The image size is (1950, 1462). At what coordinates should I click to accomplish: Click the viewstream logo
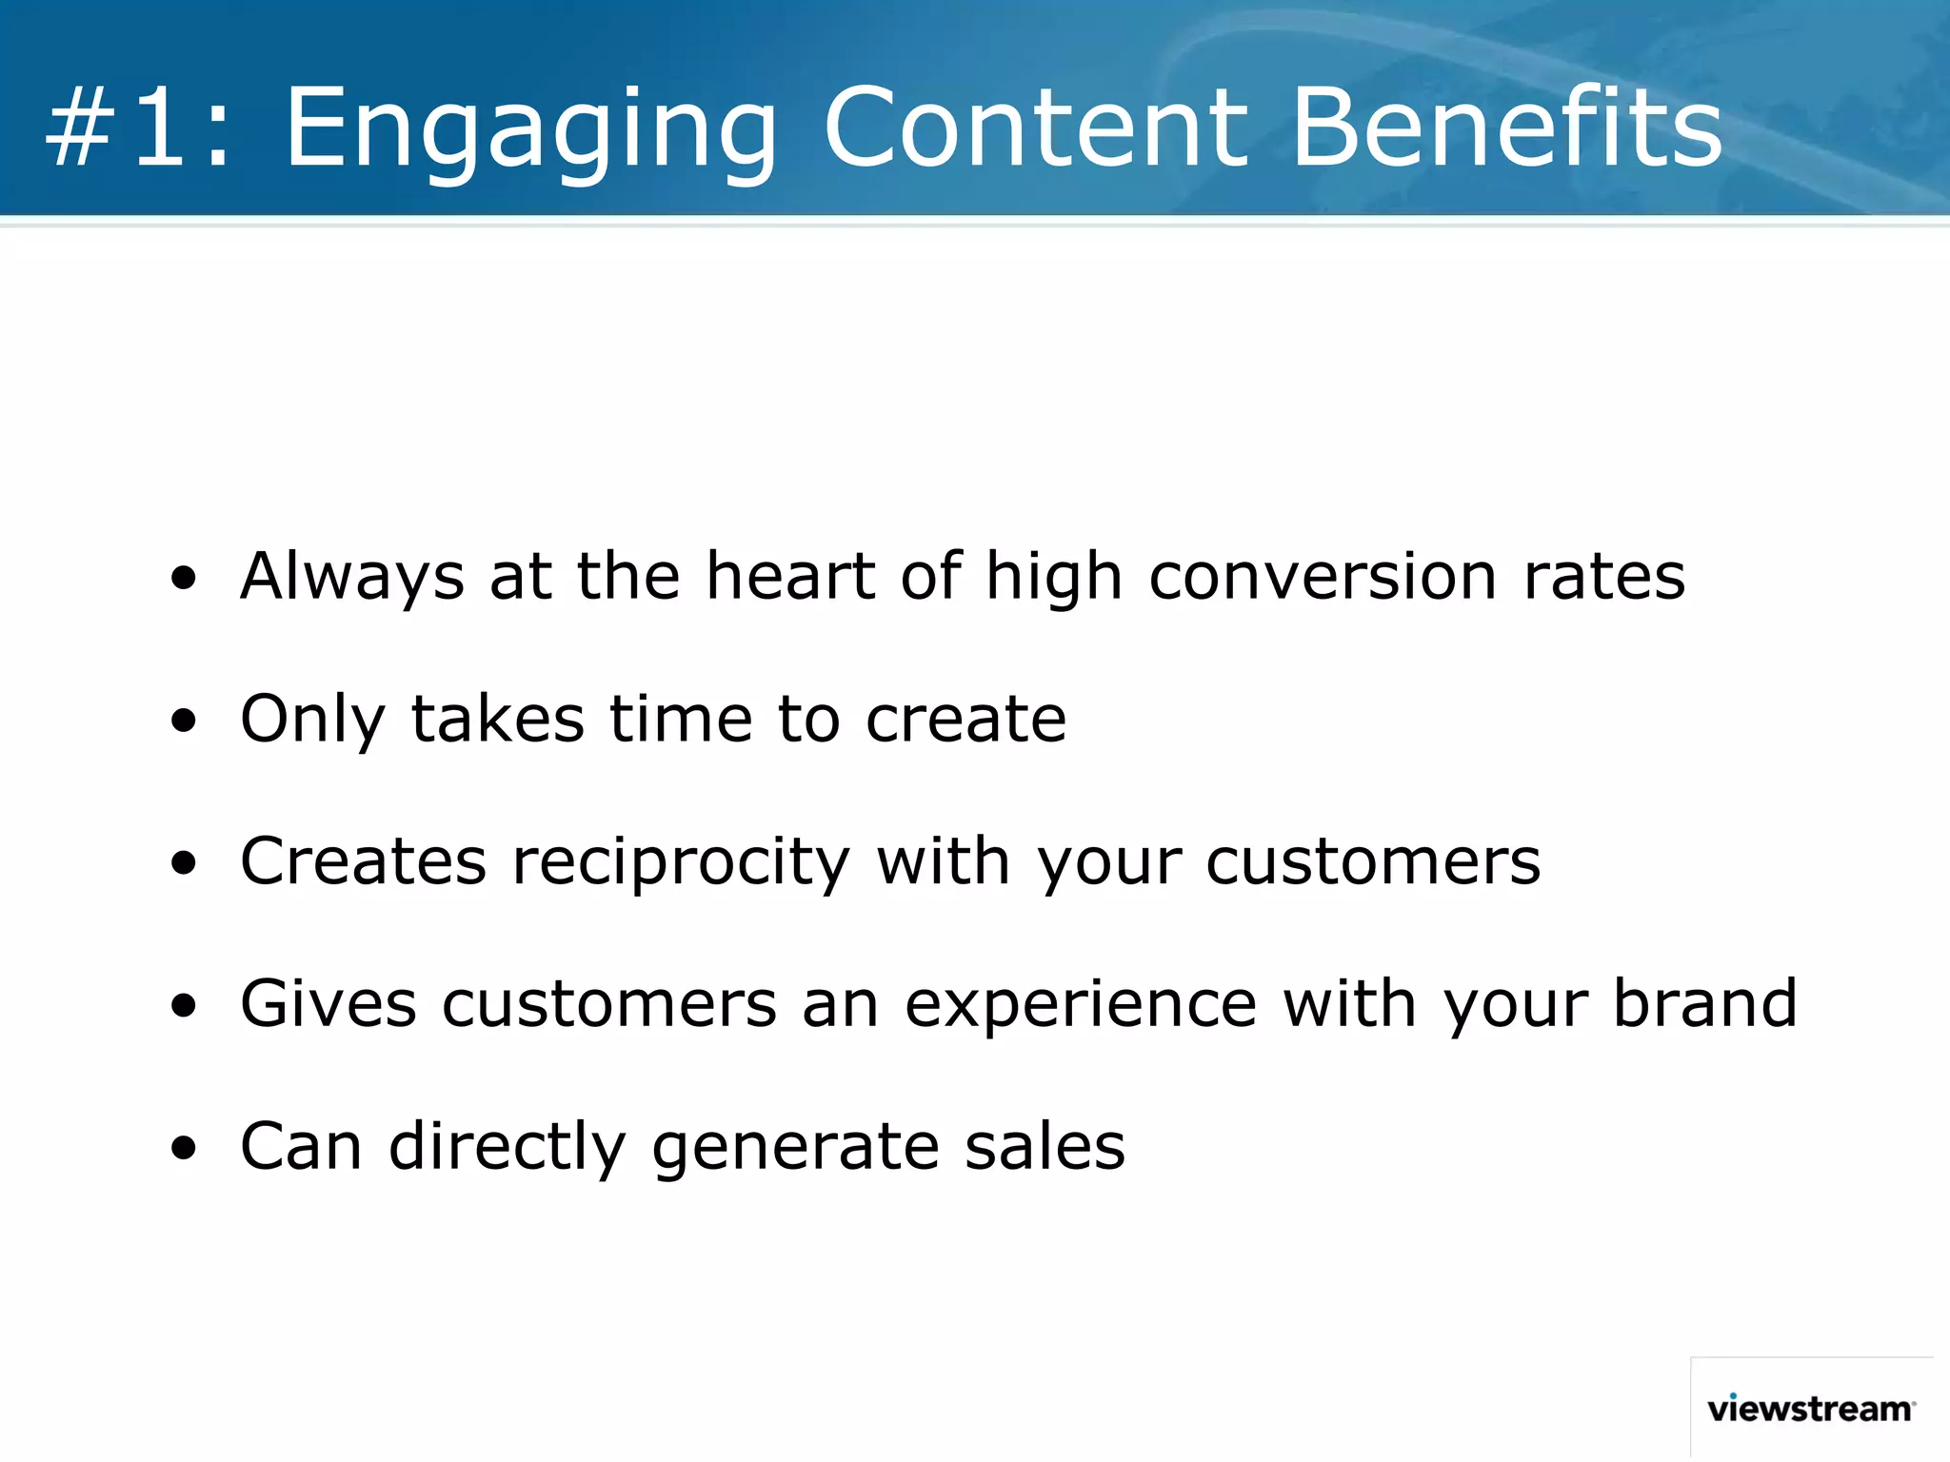(1810, 1408)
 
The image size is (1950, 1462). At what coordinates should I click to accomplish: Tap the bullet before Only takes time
(184, 721)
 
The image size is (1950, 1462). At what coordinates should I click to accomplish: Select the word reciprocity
(681, 862)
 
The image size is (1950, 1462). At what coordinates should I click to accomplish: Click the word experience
(1081, 1005)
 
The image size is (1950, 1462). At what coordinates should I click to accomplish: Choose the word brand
(1704, 1003)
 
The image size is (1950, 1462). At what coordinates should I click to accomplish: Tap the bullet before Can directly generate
(184, 1148)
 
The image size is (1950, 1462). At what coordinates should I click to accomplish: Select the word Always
(352, 577)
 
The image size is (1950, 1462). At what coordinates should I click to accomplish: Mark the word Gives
(328, 1003)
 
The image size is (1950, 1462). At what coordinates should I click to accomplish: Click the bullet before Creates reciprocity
(184, 863)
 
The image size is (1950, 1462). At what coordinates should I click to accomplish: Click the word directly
(507, 1147)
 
